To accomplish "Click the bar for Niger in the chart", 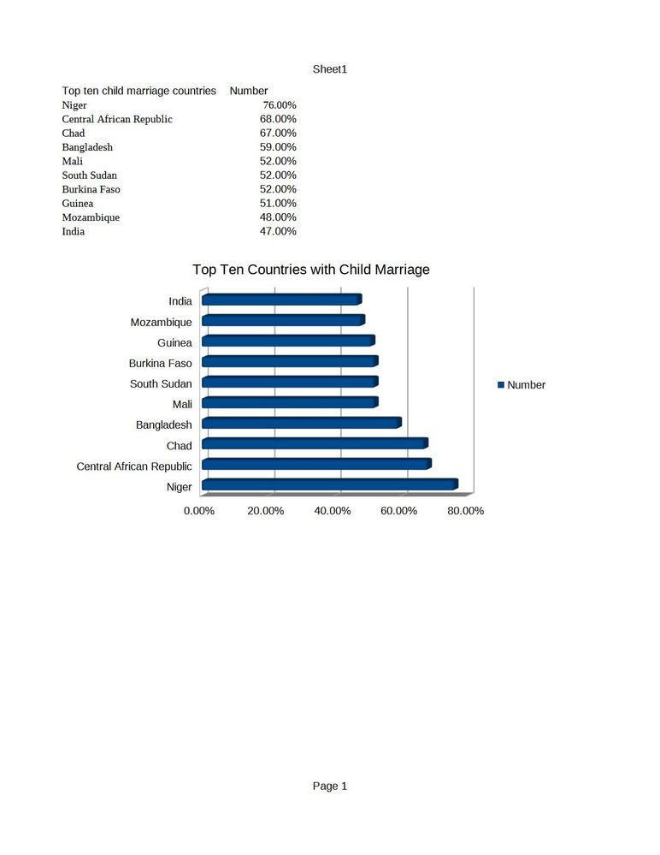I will pos(329,485).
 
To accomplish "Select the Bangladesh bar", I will pos(301,423).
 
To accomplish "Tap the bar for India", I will pos(281,300).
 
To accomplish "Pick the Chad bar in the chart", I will pos(314,443).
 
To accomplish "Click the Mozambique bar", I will pos(283,320).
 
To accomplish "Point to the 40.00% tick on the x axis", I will pos(333,511).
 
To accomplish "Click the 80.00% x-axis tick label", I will pos(466,511).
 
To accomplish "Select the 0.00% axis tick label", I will pos(199,511).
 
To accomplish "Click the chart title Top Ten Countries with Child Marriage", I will pos(311,270).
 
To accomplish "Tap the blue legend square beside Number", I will pos(502,385).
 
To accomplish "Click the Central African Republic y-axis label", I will pos(134,466).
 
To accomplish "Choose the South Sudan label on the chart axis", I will pos(161,383).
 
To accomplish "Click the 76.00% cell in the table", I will pos(280,105).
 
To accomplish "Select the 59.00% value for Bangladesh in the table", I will pos(278,147).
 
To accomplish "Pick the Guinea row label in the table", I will pos(78,204).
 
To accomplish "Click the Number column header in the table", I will pos(249,91).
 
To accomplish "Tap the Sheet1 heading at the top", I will pos(330,69).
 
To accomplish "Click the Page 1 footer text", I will pos(330,786).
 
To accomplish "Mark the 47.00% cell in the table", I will pos(278,232).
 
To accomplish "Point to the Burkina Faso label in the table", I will pos(91,189).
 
